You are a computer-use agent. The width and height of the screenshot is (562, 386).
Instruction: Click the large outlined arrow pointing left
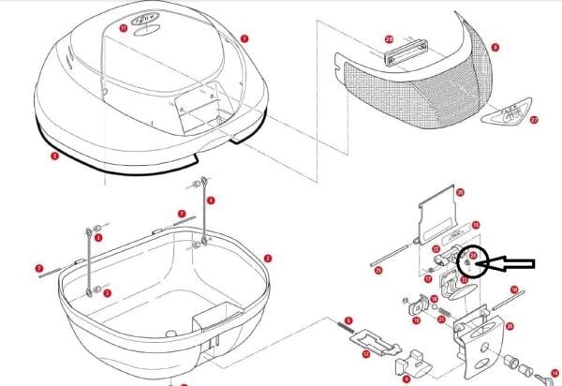[512, 265]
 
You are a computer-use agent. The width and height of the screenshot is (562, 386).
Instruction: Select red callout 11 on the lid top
[123, 29]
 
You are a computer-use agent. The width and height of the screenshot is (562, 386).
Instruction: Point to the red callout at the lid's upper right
[244, 38]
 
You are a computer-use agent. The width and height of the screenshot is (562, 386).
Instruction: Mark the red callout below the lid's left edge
[55, 156]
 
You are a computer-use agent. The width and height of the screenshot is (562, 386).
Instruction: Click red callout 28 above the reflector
[388, 38]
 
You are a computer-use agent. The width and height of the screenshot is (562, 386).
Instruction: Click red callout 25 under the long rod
[377, 272]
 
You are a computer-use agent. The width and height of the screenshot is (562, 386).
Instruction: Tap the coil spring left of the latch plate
[343, 330]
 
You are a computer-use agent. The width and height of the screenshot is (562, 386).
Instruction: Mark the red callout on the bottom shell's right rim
[268, 258]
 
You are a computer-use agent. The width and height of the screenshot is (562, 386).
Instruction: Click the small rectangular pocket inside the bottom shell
[212, 320]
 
